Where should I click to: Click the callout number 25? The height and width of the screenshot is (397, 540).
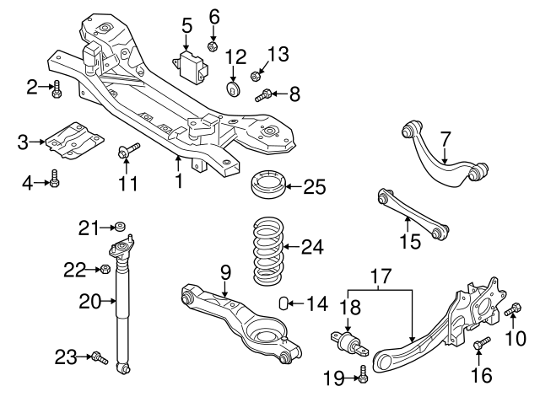(x=313, y=186)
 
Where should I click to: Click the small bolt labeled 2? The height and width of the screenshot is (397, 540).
(x=56, y=88)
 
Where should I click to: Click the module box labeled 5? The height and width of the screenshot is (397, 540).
(x=192, y=63)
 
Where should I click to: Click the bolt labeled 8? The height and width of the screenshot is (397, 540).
(x=265, y=95)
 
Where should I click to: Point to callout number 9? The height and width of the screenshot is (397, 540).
(x=225, y=272)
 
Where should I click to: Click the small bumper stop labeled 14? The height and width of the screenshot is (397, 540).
(x=285, y=303)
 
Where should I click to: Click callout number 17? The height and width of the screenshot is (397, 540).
(x=380, y=275)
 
